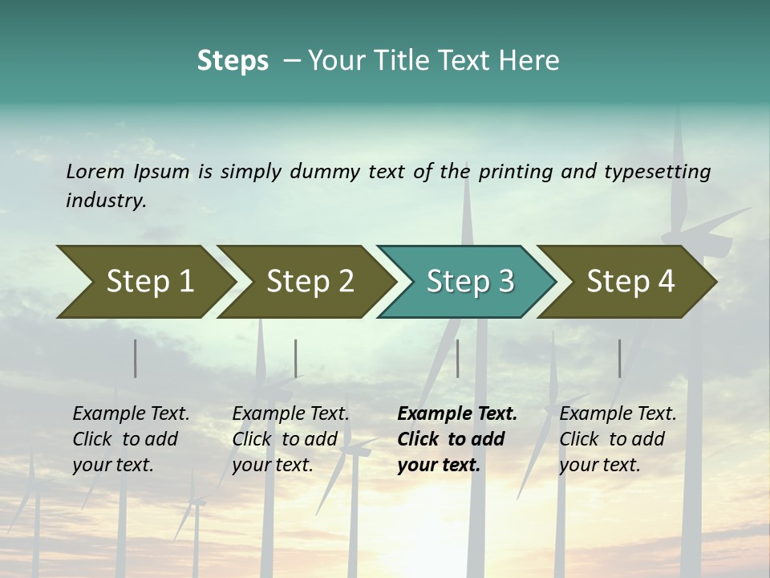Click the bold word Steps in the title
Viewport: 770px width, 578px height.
(x=233, y=60)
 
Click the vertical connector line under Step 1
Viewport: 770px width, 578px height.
(x=136, y=358)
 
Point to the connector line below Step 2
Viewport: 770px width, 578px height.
(x=296, y=358)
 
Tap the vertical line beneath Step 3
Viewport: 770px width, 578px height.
(x=457, y=358)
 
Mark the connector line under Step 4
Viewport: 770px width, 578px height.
(x=619, y=358)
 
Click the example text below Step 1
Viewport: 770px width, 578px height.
(x=131, y=439)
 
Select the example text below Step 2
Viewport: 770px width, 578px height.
(x=290, y=439)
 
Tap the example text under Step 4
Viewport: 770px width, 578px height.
(x=618, y=439)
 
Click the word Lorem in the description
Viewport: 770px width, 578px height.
(x=95, y=172)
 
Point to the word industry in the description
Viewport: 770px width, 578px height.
(x=106, y=201)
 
